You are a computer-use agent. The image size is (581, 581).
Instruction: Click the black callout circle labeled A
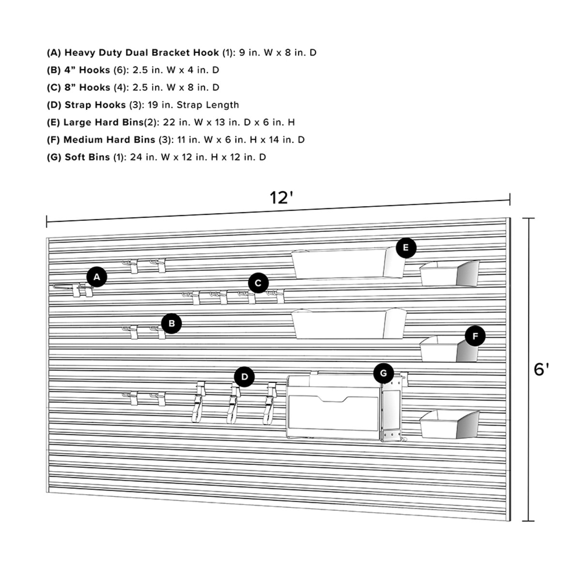coord(97,277)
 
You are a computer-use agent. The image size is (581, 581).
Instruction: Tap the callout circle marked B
coord(171,323)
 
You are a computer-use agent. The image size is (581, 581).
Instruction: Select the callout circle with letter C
coord(258,283)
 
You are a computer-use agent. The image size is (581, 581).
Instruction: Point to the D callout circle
coord(245,377)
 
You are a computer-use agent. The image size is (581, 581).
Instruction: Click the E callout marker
coord(406,248)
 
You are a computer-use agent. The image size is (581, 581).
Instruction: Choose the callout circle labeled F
coord(475,336)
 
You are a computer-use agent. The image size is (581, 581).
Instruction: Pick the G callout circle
coord(383,373)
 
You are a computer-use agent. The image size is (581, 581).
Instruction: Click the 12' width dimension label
coord(282,198)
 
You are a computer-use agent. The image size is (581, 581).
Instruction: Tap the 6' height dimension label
coord(541,369)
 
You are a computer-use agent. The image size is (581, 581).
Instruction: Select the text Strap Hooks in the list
coord(95,105)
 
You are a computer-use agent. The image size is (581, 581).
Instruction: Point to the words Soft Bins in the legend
coord(87,157)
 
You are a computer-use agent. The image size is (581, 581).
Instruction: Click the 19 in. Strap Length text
coord(193,105)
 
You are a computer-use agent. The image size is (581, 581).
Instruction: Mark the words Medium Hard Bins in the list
coord(109,139)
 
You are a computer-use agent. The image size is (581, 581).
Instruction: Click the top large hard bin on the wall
coord(346,264)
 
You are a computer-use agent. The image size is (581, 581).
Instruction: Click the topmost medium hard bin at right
coord(449,273)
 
